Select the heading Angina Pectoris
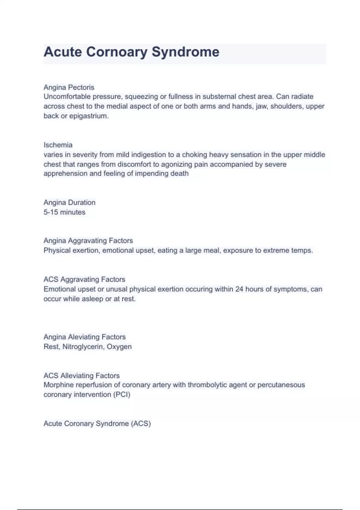pyautogui.click(x=69, y=87)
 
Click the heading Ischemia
pyautogui.click(x=58, y=145)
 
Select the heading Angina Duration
pyautogui.click(x=69, y=202)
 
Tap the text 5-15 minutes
pyautogui.click(x=64, y=212)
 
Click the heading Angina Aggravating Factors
pyautogui.click(x=88, y=241)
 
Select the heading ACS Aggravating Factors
pyautogui.click(x=84, y=279)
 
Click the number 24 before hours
pyautogui.click(x=239, y=289)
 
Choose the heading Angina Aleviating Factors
pyautogui.click(x=84, y=337)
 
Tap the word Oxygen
pyautogui.click(x=119, y=347)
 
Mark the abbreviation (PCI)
pyautogui.click(x=121, y=394)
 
